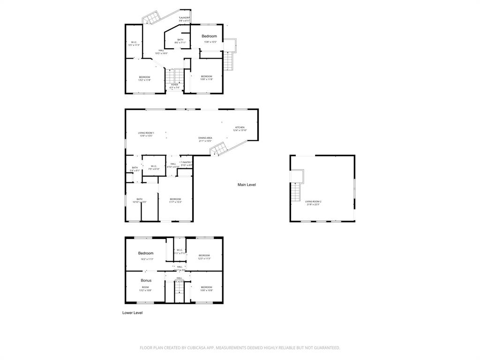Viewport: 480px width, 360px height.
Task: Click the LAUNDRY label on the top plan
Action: coord(184,18)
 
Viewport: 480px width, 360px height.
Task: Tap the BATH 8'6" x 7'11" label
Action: coord(180,40)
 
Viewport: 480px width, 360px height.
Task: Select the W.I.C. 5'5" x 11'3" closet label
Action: coord(134,42)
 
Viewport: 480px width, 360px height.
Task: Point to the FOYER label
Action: coord(174,85)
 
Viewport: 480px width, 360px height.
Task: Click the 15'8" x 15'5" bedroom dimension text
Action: coord(210,42)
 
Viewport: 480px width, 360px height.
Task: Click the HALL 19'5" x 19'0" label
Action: coord(161,51)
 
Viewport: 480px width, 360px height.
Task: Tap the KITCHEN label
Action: coord(240,127)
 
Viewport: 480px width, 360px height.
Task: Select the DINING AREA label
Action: coord(205,138)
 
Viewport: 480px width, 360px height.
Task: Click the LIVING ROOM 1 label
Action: coord(146,133)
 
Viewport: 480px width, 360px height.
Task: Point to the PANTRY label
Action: coord(187,162)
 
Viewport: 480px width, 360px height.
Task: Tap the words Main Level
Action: coord(247,185)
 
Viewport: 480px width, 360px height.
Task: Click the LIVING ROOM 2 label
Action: coord(314,202)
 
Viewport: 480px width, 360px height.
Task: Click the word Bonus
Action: coord(146,280)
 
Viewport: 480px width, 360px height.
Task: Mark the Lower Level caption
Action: coord(132,313)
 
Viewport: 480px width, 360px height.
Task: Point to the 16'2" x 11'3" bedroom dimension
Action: coord(147,259)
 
